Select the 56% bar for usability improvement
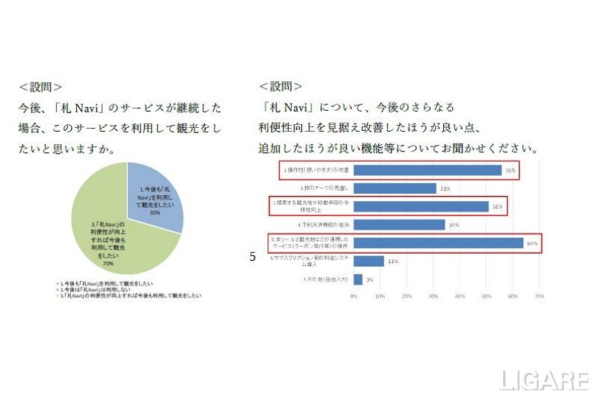pos(428,170)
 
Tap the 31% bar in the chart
pos(394,188)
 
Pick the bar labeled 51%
pos(421,206)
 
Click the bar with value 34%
pos(399,225)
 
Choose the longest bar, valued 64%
pos(438,242)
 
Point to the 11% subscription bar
pos(369,261)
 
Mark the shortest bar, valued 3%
pos(357,279)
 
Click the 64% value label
pos(531,242)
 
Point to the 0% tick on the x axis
pos(354,296)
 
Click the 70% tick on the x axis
pos(539,296)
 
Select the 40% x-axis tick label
pos(460,296)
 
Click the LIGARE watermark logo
pos(545,380)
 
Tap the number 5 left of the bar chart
pos(252,257)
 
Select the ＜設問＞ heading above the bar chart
pos(280,86)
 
